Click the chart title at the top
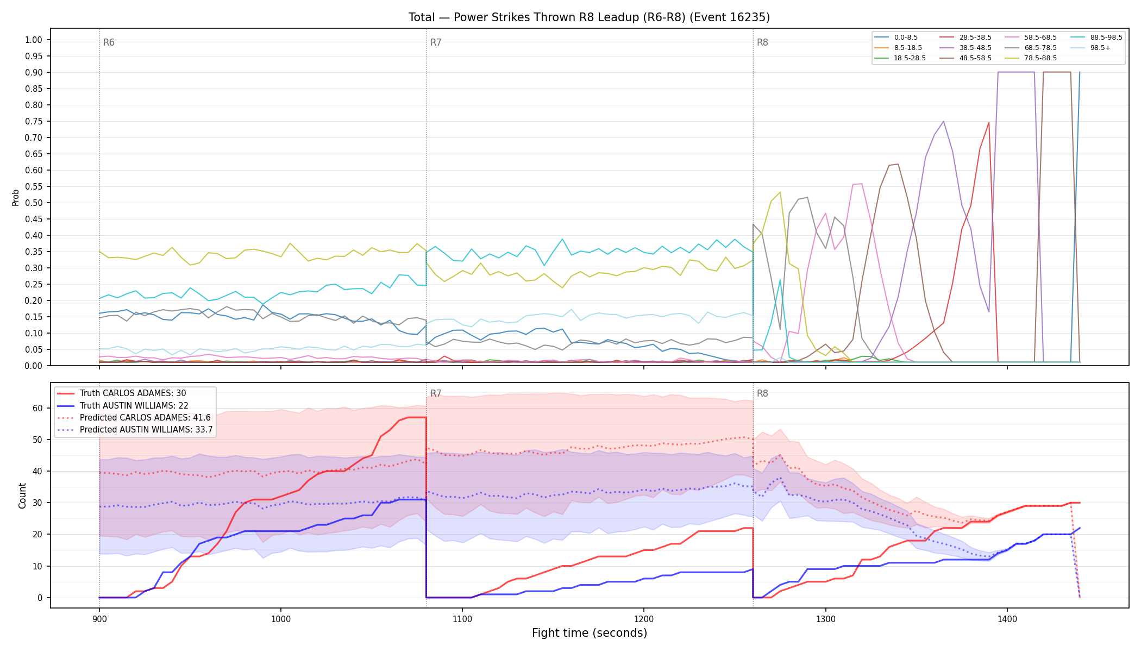point(589,17)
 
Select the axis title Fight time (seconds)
point(590,633)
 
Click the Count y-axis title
point(22,496)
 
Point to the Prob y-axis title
point(16,197)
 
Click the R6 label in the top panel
point(109,42)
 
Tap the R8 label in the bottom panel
point(762,393)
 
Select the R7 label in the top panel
point(436,42)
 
